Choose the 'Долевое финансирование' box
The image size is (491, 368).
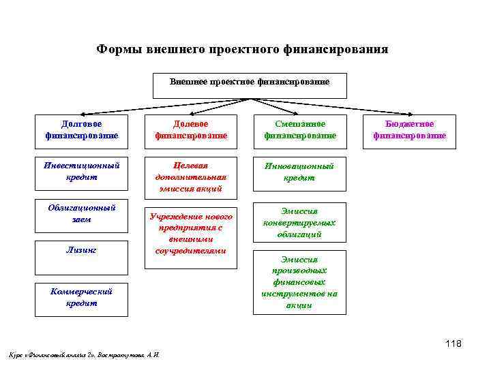point(190,130)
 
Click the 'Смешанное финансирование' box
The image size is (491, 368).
point(300,130)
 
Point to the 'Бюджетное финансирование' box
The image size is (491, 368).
point(409,130)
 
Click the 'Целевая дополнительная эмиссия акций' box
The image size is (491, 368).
point(190,177)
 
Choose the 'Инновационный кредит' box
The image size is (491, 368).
point(300,172)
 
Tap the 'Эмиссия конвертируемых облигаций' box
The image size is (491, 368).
point(300,222)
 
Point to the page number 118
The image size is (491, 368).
point(453,343)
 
